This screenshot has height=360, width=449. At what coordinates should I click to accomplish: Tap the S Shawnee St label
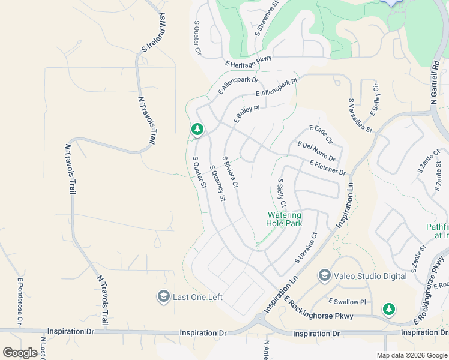click(x=267, y=17)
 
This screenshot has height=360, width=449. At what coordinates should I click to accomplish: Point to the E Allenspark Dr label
click(x=238, y=86)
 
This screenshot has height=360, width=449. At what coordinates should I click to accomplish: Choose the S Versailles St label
click(x=361, y=115)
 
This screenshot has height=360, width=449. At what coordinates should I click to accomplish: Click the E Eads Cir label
click(x=321, y=134)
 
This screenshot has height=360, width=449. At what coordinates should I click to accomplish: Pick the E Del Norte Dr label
click(x=316, y=151)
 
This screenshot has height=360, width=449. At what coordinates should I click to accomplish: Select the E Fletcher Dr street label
click(x=328, y=168)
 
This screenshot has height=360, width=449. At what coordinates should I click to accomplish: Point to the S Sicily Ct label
click(x=282, y=193)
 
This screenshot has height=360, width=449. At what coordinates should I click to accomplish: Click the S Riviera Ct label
click(x=231, y=173)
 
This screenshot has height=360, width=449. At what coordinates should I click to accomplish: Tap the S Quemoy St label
click(x=218, y=182)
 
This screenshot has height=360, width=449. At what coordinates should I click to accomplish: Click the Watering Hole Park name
click(x=284, y=218)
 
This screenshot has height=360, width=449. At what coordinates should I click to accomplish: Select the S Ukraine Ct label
click(x=305, y=248)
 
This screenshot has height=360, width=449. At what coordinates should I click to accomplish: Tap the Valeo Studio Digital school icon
click(x=325, y=275)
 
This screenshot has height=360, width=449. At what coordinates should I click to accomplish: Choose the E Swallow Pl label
click(x=347, y=301)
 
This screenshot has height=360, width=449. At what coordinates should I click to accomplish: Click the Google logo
click(x=20, y=353)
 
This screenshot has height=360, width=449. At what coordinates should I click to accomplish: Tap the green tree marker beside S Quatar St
click(x=197, y=129)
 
